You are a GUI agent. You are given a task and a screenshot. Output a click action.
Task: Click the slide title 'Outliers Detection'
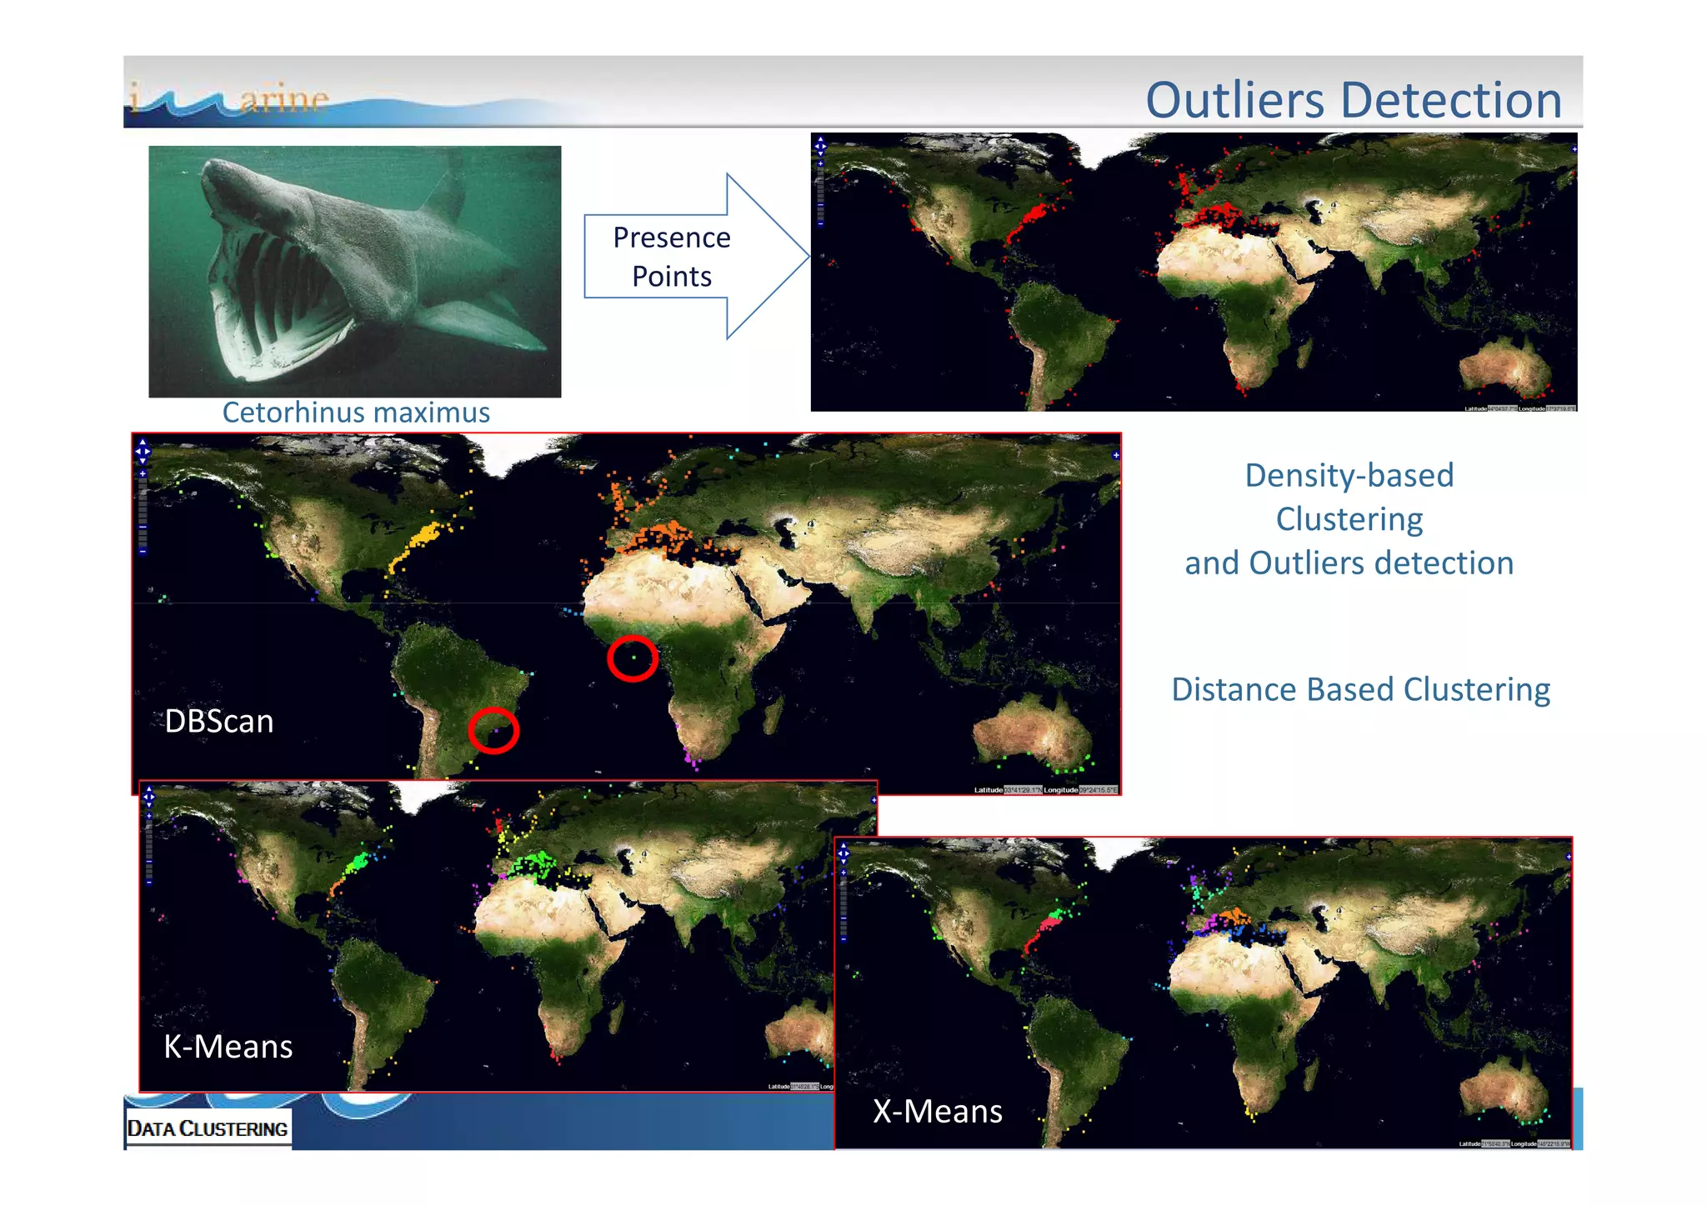[x=1353, y=100]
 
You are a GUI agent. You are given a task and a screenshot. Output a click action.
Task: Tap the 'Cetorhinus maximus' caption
[x=356, y=413]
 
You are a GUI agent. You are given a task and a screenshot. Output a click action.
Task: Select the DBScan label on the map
[x=219, y=721]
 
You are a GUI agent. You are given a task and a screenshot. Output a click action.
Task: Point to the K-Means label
[x=228, y=1046]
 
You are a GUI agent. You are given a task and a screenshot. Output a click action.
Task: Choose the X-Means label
[x=938, y=1111]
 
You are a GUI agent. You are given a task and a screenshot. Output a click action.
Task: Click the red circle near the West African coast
[x=633, y=658]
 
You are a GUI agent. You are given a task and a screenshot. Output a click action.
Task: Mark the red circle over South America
[x=493, y=731]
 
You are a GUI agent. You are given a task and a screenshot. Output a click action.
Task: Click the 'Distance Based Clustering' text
[x=1360, y=689]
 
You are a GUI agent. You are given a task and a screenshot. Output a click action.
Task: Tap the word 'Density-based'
[x=1349, y=475]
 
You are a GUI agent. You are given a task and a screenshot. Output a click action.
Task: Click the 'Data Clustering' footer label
[x=208, y=1128]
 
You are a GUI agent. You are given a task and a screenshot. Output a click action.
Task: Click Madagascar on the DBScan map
[x=773, y=715]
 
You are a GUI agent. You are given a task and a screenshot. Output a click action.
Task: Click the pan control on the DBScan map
[x=143, y=451]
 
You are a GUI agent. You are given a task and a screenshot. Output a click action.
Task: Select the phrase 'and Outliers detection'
[x=1349, y=563]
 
